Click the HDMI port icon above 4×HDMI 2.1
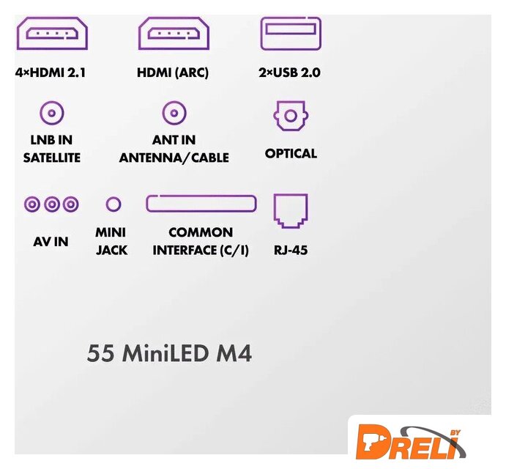[x=52, y=33]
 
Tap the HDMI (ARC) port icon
[x=174, y=33]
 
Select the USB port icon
[x=291, y=34]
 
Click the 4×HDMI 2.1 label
[x=51, y=73]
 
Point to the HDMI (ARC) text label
[x=173, y=73]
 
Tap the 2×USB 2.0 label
[x=289, y=73]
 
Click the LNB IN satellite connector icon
[x=52, y=113]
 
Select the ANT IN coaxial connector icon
[x=174, y=113]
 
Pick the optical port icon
[x=291, y=116]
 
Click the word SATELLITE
[x=52, y=158]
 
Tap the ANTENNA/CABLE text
[x=174, y=158]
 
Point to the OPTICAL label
[x=291, y=153]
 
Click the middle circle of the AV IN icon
[x=52, y=204]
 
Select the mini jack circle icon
[x=114, y=204]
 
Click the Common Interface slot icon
[x=201, y=204]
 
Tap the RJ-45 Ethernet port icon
[x=291, y=211]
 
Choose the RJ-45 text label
[x=291, y=251]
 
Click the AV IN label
[x=51, y=242]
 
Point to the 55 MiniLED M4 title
[x=169, y=353]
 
